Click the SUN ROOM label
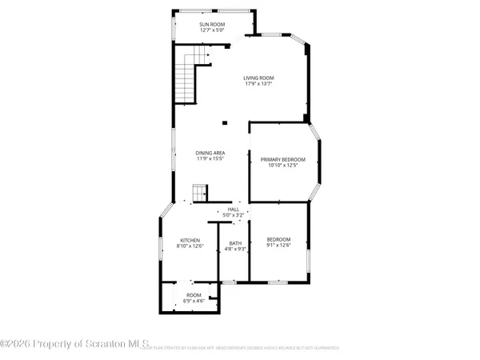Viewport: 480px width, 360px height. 212,25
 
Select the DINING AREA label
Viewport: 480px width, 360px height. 210,153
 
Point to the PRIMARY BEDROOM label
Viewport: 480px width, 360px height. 278,160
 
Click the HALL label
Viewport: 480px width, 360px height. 233,209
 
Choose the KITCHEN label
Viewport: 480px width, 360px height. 190,240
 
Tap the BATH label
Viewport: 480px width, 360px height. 235,243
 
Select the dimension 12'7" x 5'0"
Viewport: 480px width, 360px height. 212,31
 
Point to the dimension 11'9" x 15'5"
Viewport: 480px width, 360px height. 210,159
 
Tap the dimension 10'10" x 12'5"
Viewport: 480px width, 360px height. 278,166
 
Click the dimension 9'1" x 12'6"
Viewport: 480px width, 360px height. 278,246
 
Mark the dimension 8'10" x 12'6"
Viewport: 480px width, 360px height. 190,246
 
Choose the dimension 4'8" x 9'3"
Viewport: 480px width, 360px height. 235,250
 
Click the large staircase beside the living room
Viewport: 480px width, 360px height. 187,74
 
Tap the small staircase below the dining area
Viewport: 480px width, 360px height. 198,193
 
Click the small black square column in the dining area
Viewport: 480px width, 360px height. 225,122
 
